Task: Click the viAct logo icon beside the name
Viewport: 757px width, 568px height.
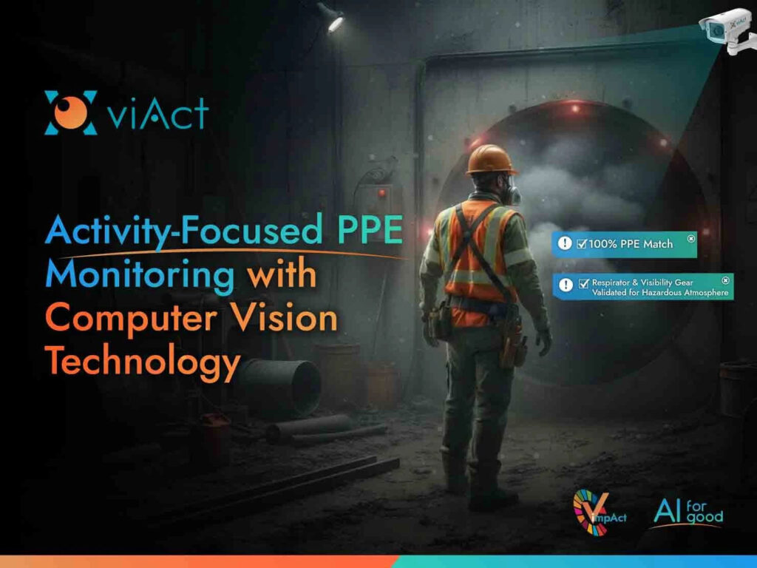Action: [71, 113]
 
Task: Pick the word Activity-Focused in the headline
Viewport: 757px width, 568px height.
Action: [180, 232]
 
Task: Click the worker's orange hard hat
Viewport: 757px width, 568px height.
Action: [491, 160]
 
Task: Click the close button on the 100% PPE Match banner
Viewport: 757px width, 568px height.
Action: [690, 238]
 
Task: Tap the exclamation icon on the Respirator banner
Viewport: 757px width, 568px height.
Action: [566, 285]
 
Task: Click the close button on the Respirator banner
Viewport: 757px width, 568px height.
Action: [725, 280]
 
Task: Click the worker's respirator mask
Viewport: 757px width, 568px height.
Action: [512, 194]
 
